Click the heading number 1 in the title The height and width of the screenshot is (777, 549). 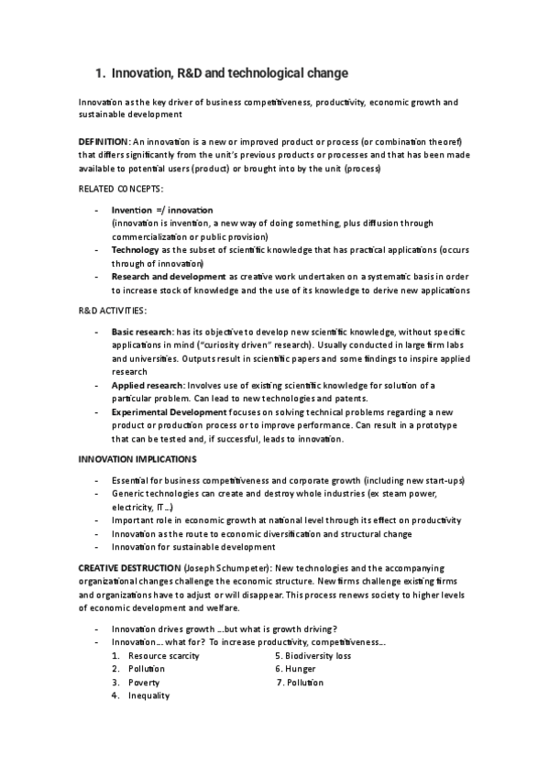coord(100,72)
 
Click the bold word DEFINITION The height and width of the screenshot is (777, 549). coord(104,142)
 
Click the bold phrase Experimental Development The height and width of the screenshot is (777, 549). coord(169,412)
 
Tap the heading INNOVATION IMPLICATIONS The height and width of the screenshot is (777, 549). coord(137,458)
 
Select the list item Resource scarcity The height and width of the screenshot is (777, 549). coord(163,656)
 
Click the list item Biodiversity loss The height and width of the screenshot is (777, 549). coord(317,656)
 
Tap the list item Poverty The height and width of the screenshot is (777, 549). coord(144,683)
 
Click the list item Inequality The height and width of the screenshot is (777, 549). coord(148,695)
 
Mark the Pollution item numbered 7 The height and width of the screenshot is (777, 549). coord(305,683)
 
